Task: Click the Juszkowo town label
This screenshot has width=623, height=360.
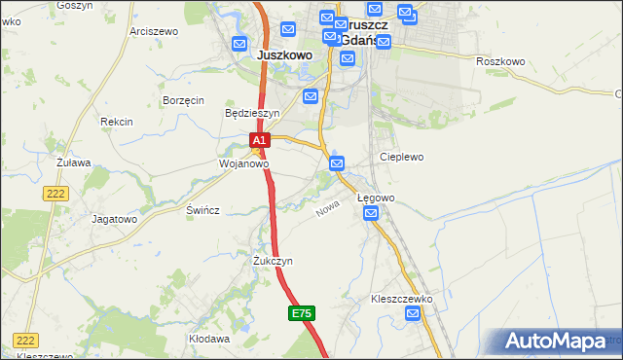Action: point(284,55)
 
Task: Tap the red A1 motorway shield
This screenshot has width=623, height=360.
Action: point(259,141)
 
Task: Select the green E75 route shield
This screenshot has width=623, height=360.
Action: point(301,313)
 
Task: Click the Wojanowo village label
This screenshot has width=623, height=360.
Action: point(242,164)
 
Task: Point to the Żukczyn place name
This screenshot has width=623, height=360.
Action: point(273,262)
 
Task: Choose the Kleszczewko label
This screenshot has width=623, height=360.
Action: point(401,299)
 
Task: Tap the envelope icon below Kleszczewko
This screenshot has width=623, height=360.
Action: point(414,313)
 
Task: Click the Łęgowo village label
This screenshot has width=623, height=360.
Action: point(376,198)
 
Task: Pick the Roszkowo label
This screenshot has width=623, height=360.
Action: point(500,61)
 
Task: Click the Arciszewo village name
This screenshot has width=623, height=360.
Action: point(154,31)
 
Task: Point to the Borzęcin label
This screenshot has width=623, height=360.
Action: point(183,100)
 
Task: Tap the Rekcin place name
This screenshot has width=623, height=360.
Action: point(116,122)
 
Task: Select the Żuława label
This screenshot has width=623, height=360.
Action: point(73,162)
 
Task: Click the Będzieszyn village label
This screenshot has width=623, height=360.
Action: point(252,113)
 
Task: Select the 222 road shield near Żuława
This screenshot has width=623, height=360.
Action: point(55,195)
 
